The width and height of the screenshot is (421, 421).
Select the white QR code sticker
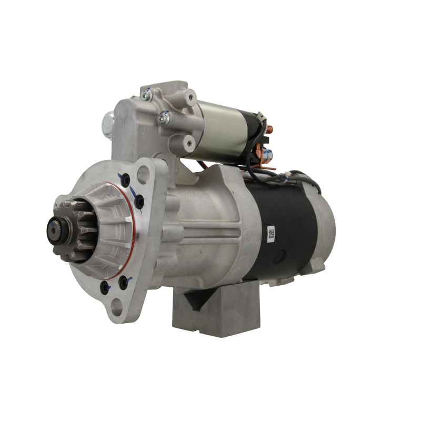(x=272, y=234)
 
